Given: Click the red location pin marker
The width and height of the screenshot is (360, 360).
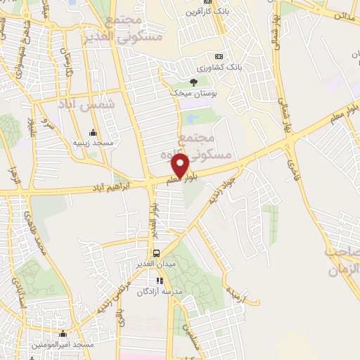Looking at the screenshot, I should click(181, 165).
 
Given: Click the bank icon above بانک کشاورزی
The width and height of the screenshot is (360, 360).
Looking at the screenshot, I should click(219, 56).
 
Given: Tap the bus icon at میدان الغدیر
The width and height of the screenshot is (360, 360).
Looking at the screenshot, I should click(156, 253).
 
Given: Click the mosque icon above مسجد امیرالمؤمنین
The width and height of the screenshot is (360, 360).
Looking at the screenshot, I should click(64, 335).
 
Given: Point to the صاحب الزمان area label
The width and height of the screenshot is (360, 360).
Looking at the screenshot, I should click(342, 260).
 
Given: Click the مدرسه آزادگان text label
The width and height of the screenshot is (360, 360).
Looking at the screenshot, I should click(159, 291).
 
